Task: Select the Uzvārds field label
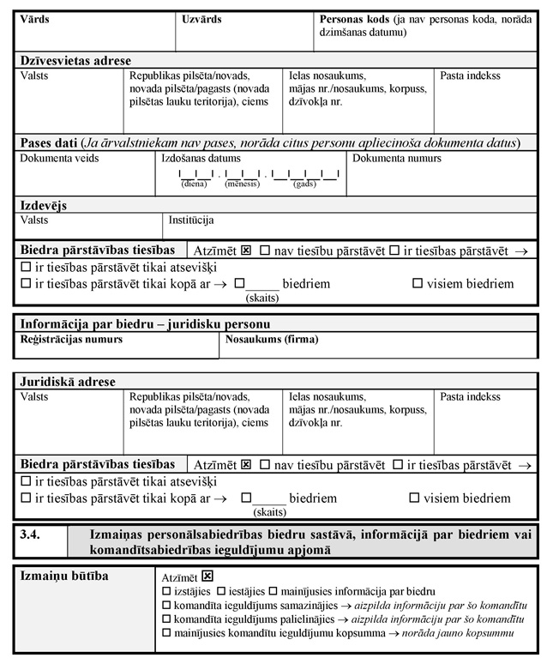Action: pos(202,18)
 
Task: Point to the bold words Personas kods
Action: pos(353,18)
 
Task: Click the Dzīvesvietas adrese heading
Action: pos(75,61)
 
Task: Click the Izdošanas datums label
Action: pos(201,159)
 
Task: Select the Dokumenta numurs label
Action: pos(397,159)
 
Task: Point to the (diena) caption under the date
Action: pos(194,184)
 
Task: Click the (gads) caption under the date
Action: pos(304,184)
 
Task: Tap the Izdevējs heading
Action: pos(44,206)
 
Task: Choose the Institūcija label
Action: pos(191,220)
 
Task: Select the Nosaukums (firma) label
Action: pos(272,340)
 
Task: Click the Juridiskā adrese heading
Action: pos(68,382)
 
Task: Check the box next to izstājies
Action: pos(166,591)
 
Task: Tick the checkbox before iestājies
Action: pos(221,591)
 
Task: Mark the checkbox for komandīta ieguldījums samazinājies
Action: pos(166,605)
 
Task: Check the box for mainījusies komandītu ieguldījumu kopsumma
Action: pos(166,633)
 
